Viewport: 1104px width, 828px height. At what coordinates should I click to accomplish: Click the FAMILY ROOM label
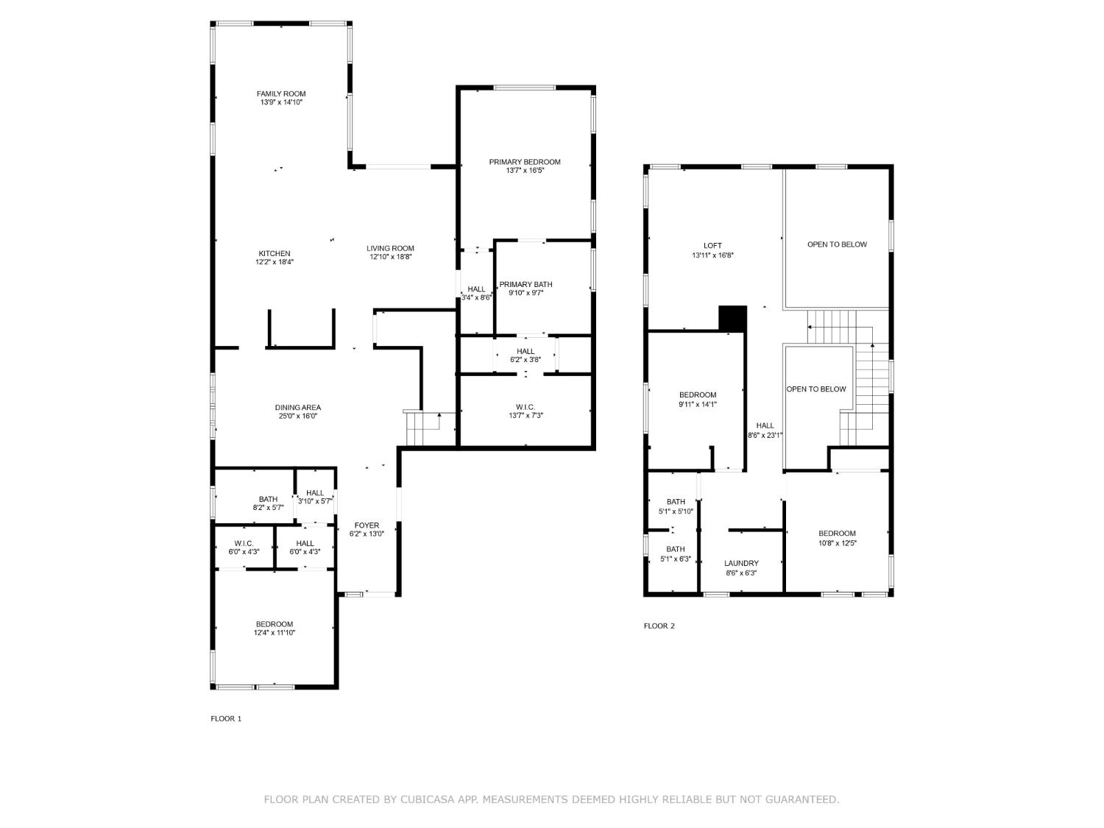coord(280,93)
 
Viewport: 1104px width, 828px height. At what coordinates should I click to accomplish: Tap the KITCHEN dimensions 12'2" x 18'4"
coord(274,262)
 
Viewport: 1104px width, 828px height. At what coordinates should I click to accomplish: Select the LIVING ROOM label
coord(390,248)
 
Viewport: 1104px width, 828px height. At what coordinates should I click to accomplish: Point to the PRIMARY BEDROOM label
coord(525,162)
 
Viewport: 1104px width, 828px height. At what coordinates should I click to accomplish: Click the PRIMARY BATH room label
coord(526,284)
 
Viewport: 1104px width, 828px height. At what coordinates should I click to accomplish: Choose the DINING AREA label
coord(297,407)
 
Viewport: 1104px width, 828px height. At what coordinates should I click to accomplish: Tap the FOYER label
coord(367,526)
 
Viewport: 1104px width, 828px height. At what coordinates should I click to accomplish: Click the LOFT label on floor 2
coord(712,246)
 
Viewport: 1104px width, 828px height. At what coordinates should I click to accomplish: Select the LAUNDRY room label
coord(741,563)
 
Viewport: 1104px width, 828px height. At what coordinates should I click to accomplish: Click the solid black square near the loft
coord(732,319)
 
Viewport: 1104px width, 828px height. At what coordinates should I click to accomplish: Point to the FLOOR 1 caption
coord(226,719)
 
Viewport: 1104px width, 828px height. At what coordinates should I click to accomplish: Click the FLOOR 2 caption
coord(659,626)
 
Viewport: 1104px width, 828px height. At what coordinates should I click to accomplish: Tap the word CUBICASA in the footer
coord(426,799)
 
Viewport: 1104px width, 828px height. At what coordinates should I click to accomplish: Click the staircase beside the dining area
coord(422,429)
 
